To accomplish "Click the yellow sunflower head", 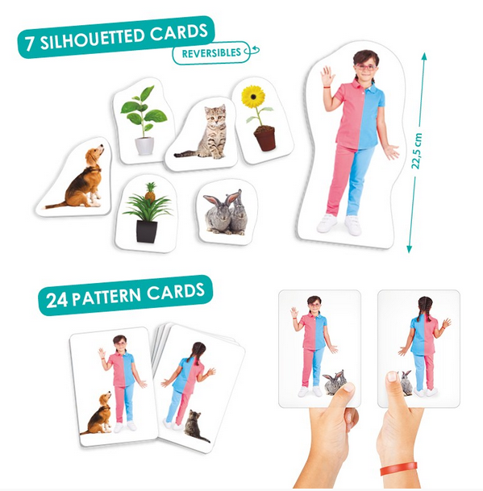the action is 252,97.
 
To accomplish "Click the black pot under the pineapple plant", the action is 147,231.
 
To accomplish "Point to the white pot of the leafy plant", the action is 144,146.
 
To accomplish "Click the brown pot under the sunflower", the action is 265,138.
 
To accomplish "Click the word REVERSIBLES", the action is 211,53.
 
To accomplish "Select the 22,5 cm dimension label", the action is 417,152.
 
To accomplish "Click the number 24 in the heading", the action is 56,300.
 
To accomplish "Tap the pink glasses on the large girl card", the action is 365,67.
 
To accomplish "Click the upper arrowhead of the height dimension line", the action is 424,57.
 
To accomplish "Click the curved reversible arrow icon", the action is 252,51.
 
